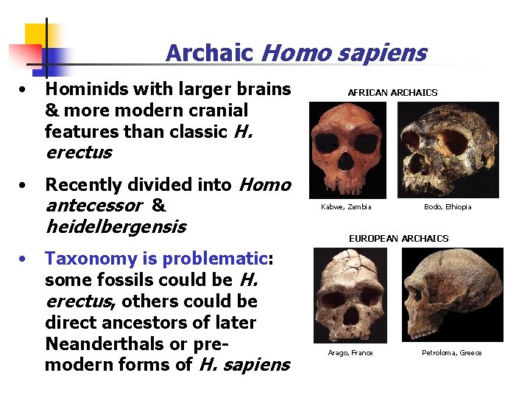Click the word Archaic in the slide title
click(209, 53)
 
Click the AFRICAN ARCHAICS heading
click(392, 93)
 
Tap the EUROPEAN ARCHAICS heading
click(398, 239)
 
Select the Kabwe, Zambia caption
click(346, 207)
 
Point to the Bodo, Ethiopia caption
click(448, 207)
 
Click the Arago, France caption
click(350, 353)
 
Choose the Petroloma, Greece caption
click(451, 353)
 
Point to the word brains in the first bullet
click(263, 90)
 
